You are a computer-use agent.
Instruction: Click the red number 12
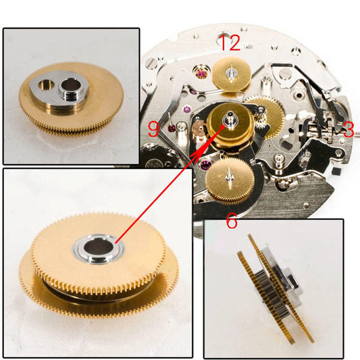(230, 44)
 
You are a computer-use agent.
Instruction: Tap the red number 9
(153, 128)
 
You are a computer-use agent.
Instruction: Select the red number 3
(347, 130)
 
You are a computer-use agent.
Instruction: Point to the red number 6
(231, 221)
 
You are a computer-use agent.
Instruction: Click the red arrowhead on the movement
(218, 132)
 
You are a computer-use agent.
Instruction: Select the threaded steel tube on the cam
(70, 86)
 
